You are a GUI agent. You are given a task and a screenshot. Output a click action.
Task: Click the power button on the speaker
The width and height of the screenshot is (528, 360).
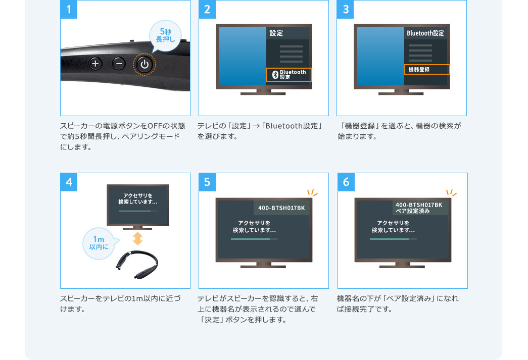145,64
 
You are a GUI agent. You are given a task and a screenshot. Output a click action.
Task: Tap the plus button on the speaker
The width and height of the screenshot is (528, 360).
95,63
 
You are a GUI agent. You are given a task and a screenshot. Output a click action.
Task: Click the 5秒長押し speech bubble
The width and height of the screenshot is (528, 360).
165,35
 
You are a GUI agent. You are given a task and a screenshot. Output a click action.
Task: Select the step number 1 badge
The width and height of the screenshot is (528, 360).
69,9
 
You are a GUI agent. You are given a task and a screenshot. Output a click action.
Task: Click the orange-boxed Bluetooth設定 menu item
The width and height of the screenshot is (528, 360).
289,74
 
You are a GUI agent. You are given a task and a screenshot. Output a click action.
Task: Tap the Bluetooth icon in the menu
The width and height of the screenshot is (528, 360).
275,74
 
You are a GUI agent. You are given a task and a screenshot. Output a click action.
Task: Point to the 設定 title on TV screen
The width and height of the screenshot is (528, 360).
276,33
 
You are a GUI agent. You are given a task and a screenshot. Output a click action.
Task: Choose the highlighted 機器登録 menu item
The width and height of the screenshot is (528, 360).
426,69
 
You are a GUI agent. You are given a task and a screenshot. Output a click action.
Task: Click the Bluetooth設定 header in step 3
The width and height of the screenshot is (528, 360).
425,33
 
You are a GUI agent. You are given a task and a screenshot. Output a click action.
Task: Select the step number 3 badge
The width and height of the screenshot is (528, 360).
345,9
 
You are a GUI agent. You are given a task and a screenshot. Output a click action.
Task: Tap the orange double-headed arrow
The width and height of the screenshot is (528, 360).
138,238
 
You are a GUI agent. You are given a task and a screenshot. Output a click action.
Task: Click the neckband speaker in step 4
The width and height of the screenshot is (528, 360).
137,265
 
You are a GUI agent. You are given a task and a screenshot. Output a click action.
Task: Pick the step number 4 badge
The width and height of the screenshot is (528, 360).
69,182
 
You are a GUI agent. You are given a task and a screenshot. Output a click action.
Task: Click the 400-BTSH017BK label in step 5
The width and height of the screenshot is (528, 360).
281,208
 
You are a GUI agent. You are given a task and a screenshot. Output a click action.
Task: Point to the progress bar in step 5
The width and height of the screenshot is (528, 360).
254,239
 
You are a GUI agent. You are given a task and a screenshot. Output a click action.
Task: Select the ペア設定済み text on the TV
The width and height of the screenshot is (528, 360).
412,211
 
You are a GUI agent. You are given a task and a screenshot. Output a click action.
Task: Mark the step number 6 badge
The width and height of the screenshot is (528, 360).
346,182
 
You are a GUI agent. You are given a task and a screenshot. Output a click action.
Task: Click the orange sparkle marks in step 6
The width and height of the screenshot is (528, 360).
451,192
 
